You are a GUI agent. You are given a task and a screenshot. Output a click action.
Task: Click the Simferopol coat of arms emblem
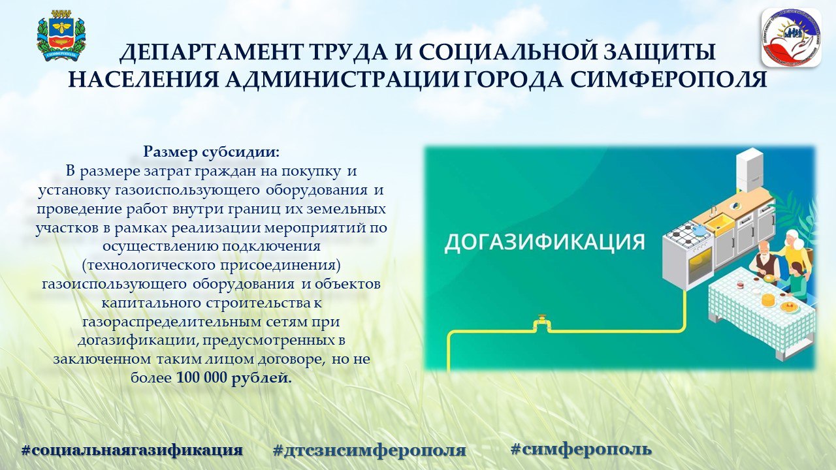pos(61,36)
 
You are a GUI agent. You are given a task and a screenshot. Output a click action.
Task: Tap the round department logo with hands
pos(791,37)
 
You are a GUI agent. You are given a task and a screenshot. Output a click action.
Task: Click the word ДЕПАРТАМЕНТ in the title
pos(210,53)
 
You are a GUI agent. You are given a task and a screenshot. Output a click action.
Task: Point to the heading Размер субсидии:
pos(212,152)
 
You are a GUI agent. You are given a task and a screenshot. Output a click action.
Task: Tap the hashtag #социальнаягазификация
pos(132,450)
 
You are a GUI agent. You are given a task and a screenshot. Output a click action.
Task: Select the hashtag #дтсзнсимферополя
pos(370,450)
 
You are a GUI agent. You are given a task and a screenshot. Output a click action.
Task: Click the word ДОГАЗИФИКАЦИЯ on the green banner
pos(545,242)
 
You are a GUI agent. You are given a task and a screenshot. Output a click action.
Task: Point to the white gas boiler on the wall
pos(749,170)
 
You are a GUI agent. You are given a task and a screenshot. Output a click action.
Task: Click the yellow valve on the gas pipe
pos(541,323)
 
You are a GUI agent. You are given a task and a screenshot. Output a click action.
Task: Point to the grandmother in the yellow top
pos(796,249)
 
